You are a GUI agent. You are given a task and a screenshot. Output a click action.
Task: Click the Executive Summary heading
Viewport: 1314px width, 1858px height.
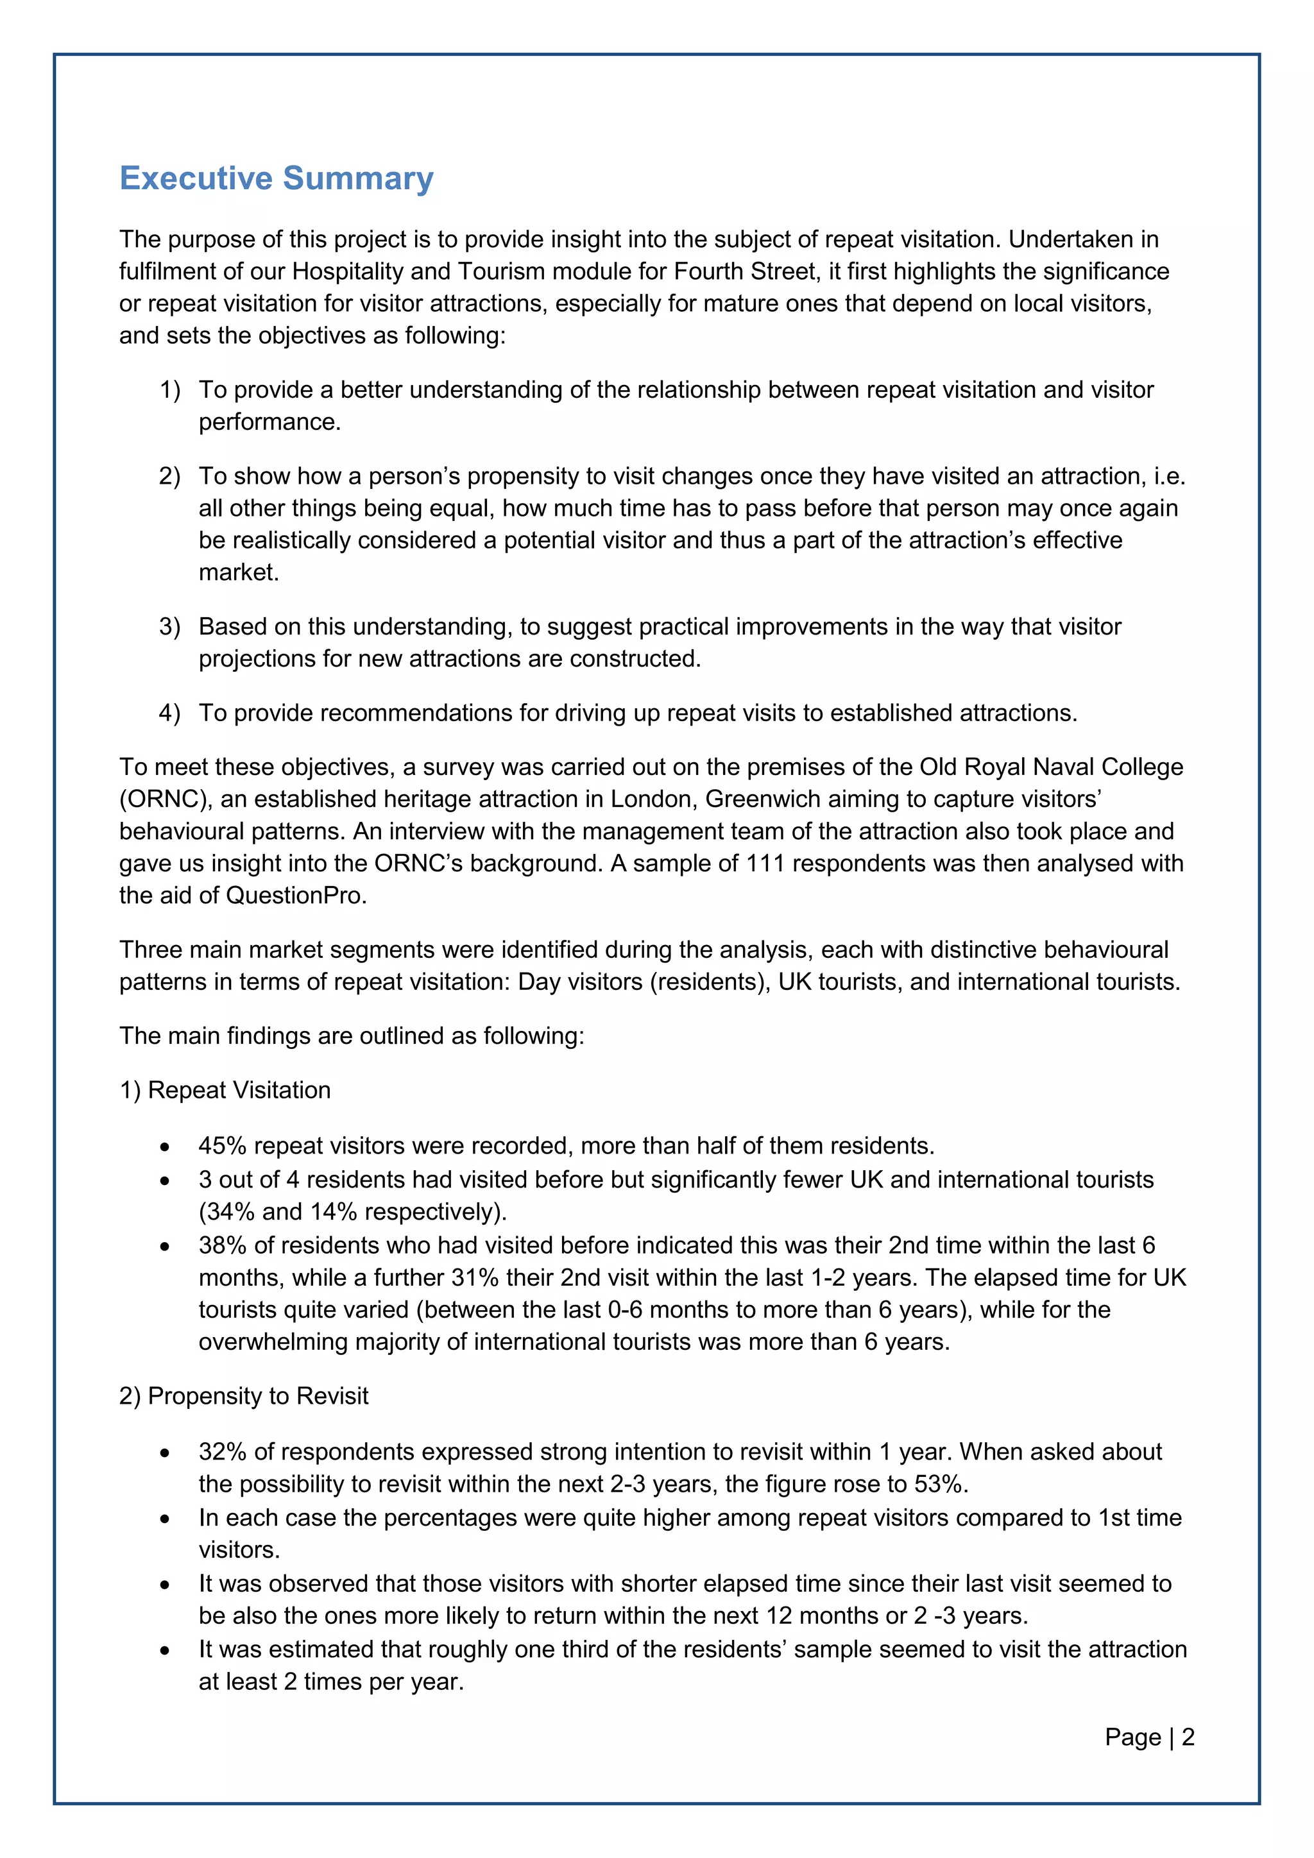(276, 179)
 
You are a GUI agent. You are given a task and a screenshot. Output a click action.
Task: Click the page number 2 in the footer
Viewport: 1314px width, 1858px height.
(1188, 1737)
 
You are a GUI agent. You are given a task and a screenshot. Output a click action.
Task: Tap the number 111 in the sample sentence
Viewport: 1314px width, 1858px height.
(764, 864)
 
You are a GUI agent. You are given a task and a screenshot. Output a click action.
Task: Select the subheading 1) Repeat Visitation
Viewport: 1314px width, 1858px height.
(225, 1090)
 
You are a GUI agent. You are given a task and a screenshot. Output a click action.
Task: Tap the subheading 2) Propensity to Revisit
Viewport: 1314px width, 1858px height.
(244, 1396)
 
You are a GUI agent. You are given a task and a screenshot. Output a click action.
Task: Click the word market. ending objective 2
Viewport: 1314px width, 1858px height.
(239, 573)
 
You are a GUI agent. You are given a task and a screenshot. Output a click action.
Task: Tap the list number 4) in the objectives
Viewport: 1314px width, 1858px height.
(169, 713)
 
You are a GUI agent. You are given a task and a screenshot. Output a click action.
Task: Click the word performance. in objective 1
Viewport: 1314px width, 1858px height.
(269, 422)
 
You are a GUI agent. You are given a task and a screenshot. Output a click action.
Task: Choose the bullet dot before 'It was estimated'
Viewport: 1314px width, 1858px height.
(165, 1650)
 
